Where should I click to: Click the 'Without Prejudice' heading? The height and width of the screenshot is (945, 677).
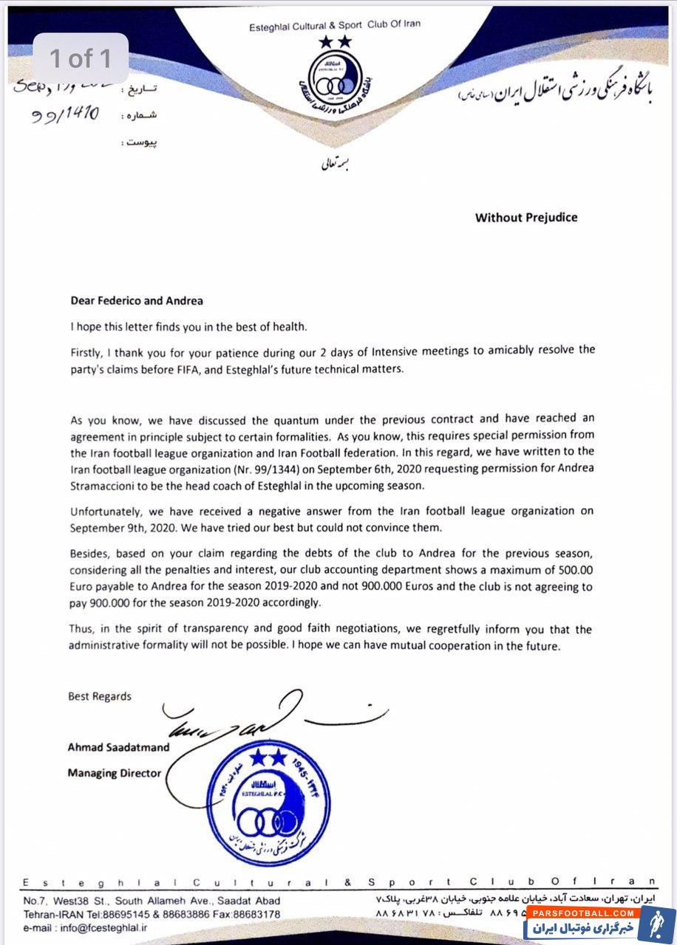[x=525, y=218]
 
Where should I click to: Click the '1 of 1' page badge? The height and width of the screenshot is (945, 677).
[x=81, y=58]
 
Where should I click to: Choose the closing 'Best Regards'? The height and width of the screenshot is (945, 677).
[x=100, y=696]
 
